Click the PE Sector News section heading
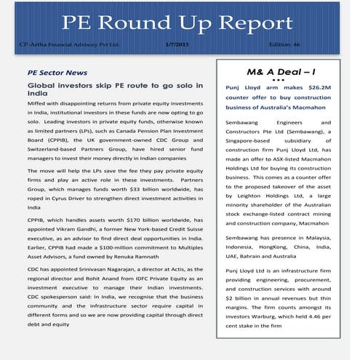[57, 73]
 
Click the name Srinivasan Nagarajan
[102, 269]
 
